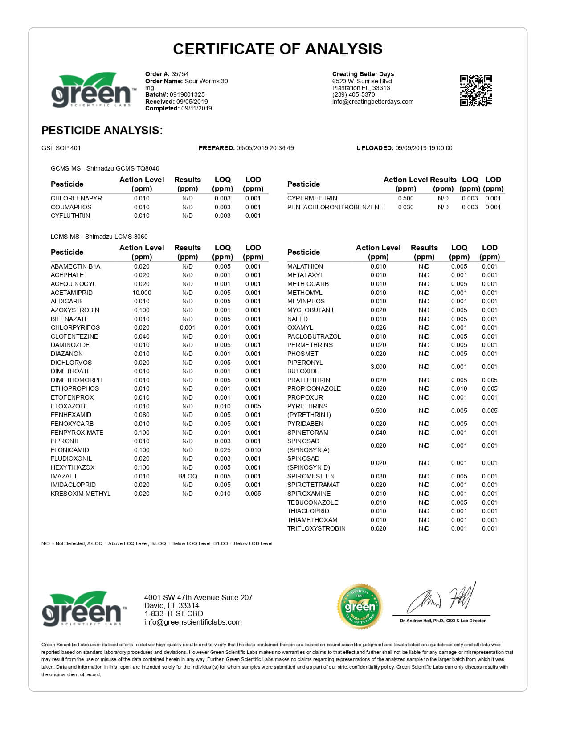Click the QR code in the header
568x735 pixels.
click(475, 91)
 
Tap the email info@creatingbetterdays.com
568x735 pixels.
click(373, 102)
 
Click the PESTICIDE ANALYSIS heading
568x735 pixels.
click(102, 130)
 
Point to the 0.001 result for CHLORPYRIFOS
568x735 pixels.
click(188, 327)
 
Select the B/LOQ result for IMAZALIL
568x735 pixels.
click(188, 476)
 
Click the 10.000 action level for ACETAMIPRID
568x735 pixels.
click(142, 293)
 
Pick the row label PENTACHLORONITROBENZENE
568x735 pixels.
click(335, 207)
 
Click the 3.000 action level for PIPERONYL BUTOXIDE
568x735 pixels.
click(378, 367)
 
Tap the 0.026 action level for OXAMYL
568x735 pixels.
click(378, 327)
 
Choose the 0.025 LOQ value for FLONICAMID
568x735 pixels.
click(222, 450)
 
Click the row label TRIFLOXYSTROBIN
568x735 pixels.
click(316, 528)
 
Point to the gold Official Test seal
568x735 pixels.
click(360, 607)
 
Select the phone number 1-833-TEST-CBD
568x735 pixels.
click(174, 614)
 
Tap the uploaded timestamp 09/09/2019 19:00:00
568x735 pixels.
click(424, 148)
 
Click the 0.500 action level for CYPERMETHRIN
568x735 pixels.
click(406, 198)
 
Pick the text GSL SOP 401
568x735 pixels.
click(61, 148)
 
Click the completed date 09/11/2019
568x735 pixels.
click(196, 108)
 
